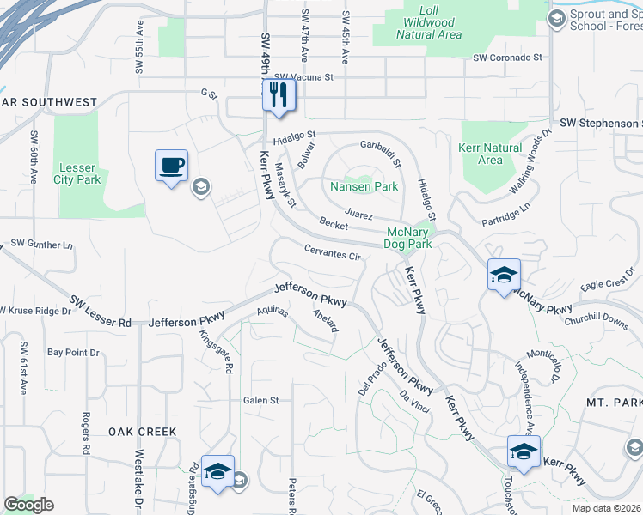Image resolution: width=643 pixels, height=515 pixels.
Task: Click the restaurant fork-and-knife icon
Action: [279, 95]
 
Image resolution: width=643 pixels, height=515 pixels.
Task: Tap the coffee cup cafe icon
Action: [171, 165]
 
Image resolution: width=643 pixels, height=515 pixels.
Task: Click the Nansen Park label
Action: [364, 186]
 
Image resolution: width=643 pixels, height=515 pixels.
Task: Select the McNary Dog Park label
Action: [408, 238]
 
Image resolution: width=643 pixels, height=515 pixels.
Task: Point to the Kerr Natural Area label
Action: [490, 154]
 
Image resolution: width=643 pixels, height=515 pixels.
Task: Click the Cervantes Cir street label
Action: [332, 252]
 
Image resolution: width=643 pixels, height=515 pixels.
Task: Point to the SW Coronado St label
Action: [508, 58]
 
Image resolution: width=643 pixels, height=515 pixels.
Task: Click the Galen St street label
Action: [261, 400]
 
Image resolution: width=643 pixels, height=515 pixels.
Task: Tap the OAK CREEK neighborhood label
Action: [143, 432]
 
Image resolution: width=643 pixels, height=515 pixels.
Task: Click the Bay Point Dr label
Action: [73, 353]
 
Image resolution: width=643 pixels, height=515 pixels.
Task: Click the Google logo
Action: [28, 505]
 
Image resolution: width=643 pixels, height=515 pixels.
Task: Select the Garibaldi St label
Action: [381, 152]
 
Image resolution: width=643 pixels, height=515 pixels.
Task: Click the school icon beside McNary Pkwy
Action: [504, 275]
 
